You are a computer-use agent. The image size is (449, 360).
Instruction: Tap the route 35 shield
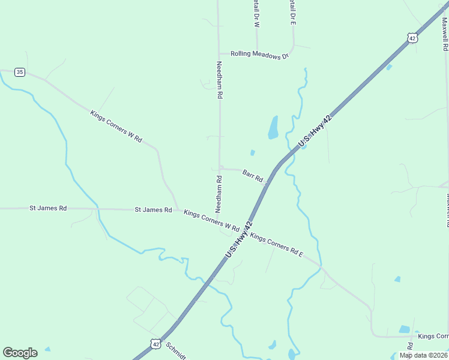(x=20, y=72)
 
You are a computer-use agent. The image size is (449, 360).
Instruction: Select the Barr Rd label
(x=253, y=175)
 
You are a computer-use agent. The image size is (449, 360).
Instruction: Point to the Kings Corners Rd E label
(x=277, y=246)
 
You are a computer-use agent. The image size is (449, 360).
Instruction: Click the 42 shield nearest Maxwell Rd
(x=411, y=38)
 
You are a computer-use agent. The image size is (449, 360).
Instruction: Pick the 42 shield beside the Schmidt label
(x=155, y=344)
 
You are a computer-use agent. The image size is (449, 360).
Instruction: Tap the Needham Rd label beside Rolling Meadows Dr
(x=220, y=79)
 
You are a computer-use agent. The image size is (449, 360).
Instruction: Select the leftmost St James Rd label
(x=48, y=208)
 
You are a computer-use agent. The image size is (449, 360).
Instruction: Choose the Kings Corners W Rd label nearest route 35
(x=116, y=126)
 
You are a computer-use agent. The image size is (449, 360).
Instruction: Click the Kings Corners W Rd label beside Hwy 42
(x=211, y=221)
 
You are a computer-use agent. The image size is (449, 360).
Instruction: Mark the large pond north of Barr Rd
(x=273, y=127)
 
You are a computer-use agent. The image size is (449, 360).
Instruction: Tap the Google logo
(x=20, y=353)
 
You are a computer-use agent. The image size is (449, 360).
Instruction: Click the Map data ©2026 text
(x=423, y=355)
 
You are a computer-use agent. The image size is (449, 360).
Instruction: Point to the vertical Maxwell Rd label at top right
(x=445, y=34)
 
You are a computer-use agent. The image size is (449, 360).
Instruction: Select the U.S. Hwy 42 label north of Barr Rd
(x=315, y=131)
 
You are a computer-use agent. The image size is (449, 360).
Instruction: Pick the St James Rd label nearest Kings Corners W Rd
(x=153, y=210)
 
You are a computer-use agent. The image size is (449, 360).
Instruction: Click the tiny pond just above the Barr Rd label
(x=253, y=152)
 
